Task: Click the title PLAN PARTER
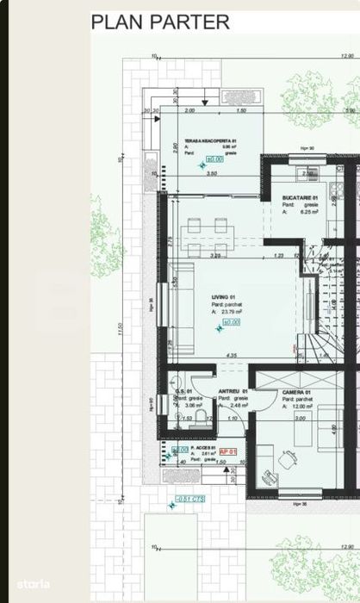coord(161,22)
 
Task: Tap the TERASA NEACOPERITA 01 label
coord(205,140)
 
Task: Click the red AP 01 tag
coord(228,451)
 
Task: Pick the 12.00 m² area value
coord(302,406)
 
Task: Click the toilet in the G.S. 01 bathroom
coord(199,418)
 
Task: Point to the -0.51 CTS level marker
coord(189,499)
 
